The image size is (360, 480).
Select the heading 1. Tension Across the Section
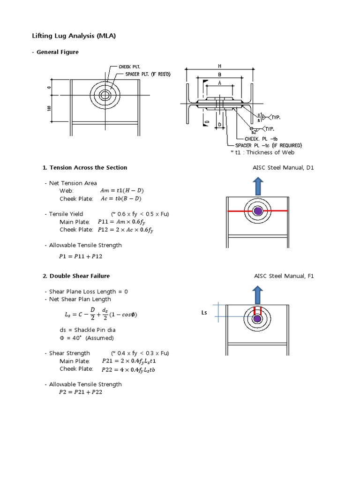[x=85, y=167]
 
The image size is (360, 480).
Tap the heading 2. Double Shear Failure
[x=76, y=276]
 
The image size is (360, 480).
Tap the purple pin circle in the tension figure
[x=257, y=211]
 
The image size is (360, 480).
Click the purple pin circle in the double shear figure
[x=257, y=319]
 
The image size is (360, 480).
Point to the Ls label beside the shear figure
[x=204, y=312]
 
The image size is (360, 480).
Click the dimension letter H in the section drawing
[x=219, y=67]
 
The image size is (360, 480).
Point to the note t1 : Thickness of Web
[x=262, y=152]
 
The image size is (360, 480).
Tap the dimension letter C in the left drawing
[x=48, y=87]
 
